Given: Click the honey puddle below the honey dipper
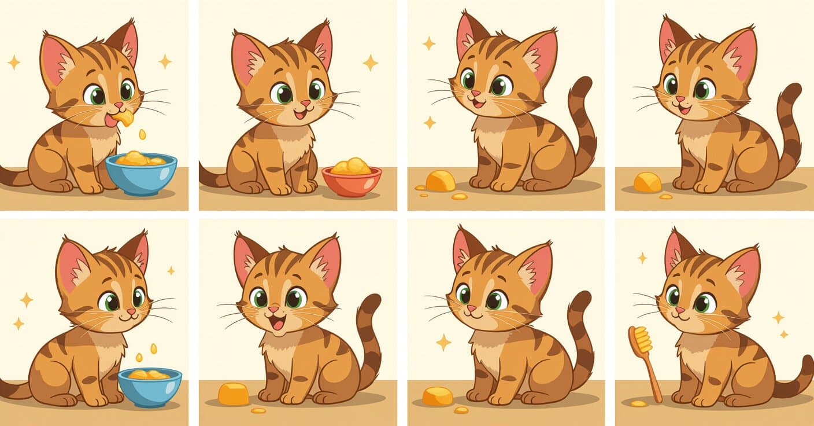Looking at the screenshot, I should pos(638,403).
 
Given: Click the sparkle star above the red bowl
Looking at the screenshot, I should pos(370,63).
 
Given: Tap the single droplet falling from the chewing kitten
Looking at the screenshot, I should pos(142,134).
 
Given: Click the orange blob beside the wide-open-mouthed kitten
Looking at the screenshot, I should pos(234,394).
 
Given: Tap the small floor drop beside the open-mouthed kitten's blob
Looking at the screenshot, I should pos(258,410).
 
